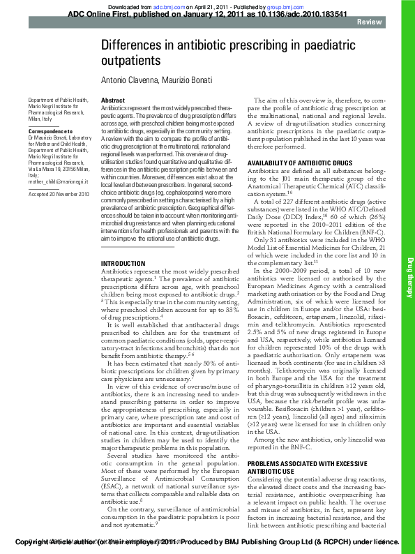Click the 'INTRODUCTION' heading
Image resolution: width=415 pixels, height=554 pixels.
pyautogui.click(x=123, y=244)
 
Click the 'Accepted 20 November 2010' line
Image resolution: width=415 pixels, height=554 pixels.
pyautogui.click(x=59, y=193)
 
